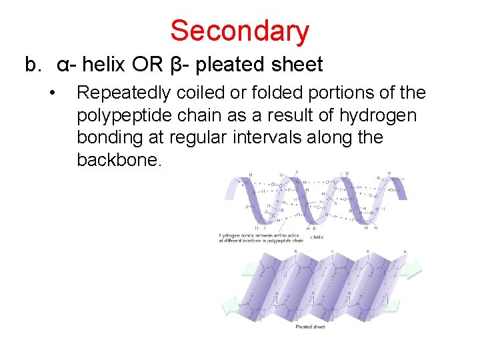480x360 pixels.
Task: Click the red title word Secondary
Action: (x=239, y=31)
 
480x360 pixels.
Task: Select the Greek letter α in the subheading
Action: (x=61, y=65)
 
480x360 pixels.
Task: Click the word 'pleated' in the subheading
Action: (x=231, y=65)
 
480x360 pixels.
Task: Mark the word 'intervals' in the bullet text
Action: (x=293, y=137)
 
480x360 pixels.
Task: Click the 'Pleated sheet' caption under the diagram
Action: (x=310, y=327)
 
